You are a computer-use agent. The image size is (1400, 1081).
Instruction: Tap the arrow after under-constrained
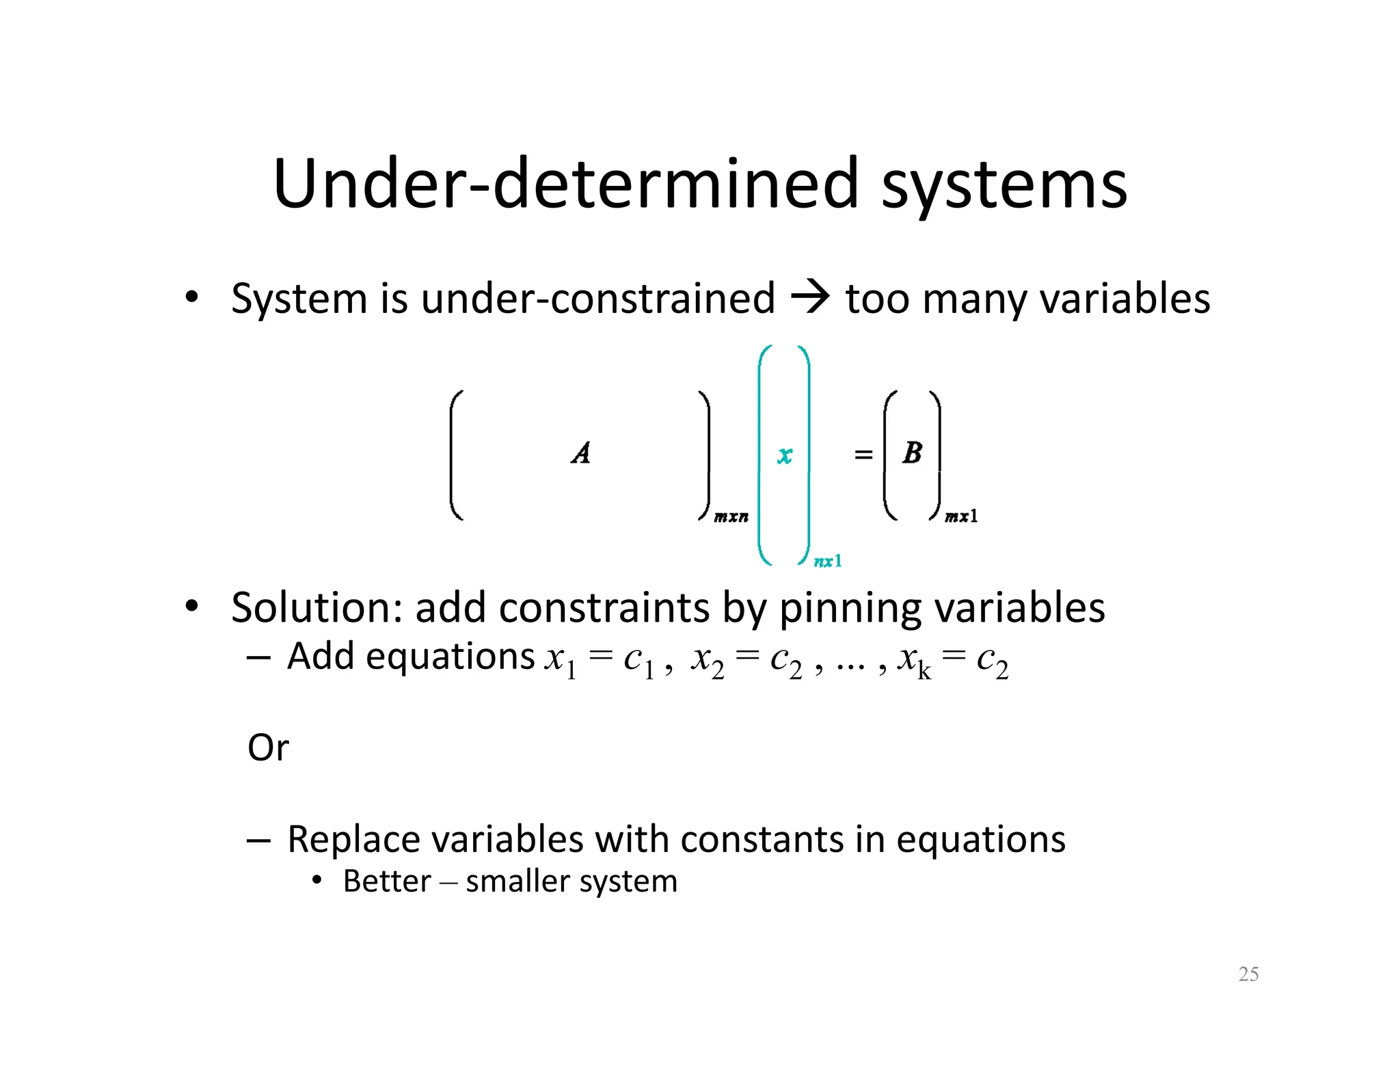click(x=810, y=298)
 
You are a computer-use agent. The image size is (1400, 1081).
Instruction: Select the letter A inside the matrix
click(x=580, y=453)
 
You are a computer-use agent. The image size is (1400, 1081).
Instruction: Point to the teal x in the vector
click(x=784, y=455)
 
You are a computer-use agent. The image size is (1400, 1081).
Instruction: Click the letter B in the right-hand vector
click(x=912, y=452)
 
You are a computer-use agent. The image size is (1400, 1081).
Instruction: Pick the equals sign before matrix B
click(x=863, y=454)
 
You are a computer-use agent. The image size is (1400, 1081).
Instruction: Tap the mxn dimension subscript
click(x=731, y=517)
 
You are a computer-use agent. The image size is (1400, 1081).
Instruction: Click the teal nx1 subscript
click(x=828, y=562)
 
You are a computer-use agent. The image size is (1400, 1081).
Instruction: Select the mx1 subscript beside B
click(x=961, y=517)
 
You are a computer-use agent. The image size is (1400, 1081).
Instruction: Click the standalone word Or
click(x=268, y=748)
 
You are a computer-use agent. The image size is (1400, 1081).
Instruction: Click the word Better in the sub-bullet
click(x=387, y=881)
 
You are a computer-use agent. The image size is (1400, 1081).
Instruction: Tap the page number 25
click(x=1248, y=974)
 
